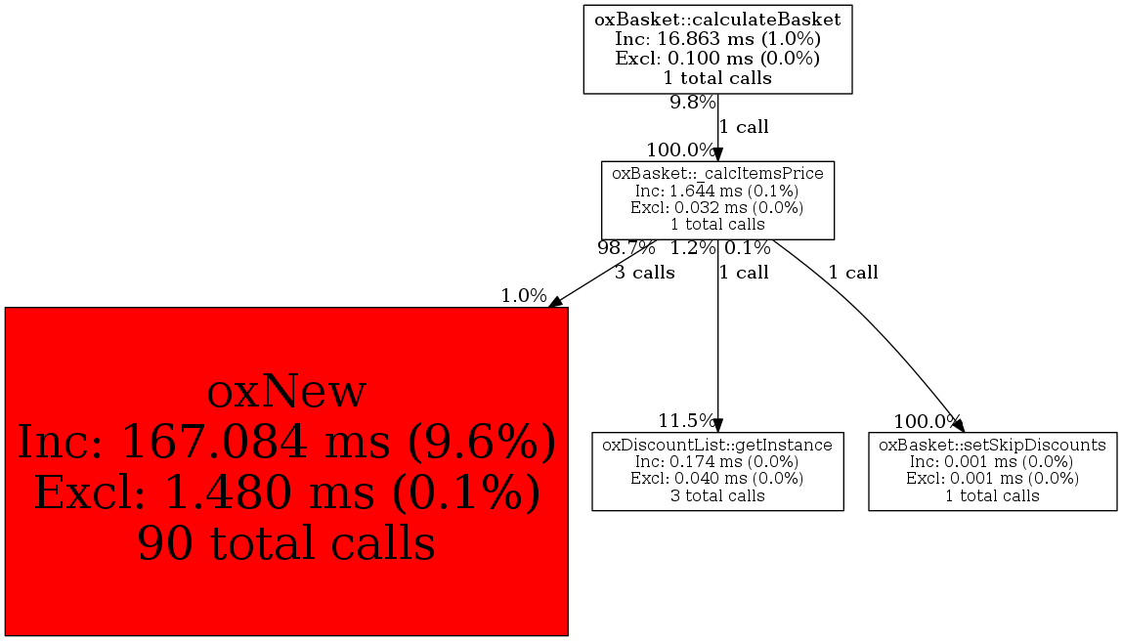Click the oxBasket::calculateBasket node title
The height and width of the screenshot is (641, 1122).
click(717, 20)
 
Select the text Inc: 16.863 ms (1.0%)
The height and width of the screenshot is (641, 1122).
click(717, 39)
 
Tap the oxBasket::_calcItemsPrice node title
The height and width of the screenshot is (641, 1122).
click(717, 173)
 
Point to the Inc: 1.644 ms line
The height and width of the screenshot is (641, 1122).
click(717, 191)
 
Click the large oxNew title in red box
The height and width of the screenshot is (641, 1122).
click(286, 392)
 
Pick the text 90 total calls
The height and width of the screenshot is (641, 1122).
click(286, 542)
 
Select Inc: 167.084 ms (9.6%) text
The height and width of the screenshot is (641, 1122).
click(286, 442)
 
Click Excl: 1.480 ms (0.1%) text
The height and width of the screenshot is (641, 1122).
click(286, 492)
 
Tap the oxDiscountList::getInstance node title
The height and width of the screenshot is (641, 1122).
click(717, 445)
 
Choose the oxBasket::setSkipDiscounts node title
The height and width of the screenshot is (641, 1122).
click(992, 445)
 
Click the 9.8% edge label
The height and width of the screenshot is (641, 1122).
click(693, 103)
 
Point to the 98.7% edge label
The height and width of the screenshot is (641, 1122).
click(626, 248)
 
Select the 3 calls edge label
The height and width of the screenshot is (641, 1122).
click(645, 273)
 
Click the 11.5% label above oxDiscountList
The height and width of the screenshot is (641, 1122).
click(687, 420)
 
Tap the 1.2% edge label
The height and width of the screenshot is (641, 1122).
click(693, 248)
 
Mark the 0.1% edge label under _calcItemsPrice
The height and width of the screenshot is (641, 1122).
click(747, 248)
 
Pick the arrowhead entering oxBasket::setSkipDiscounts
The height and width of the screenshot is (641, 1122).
click(959, 426)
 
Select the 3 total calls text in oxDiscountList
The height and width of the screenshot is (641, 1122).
click(717, 495)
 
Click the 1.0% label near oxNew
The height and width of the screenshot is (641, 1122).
click(524, 295)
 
